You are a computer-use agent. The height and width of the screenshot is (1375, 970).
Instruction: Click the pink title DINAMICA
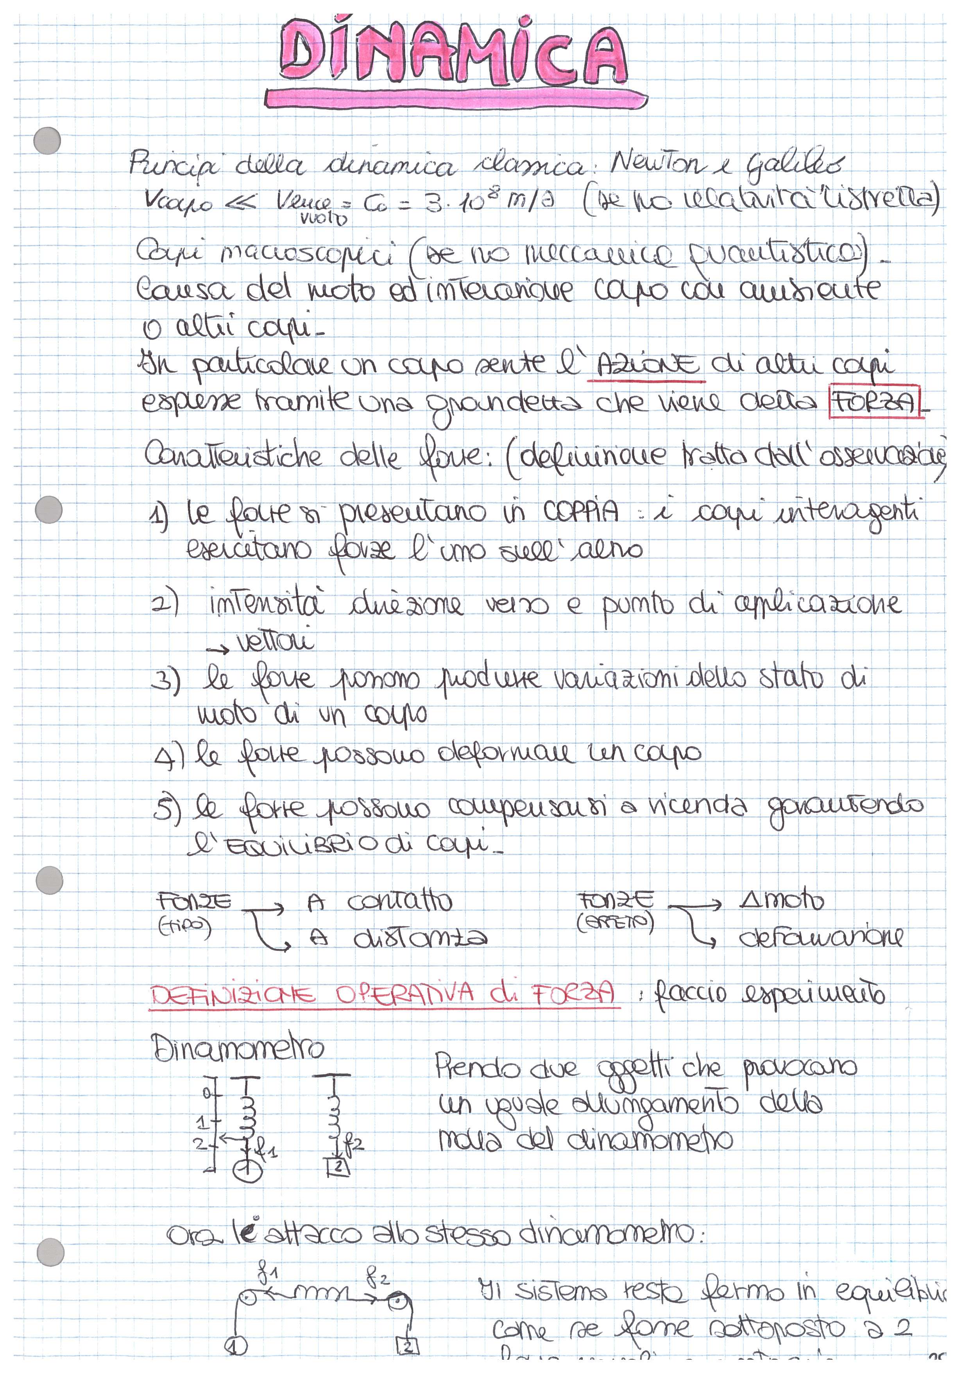tap(454, 53)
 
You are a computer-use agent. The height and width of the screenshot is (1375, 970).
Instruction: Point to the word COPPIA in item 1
tap(581, 512)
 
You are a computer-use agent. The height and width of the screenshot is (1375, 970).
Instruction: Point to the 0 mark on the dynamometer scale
tap(206, 1093)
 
